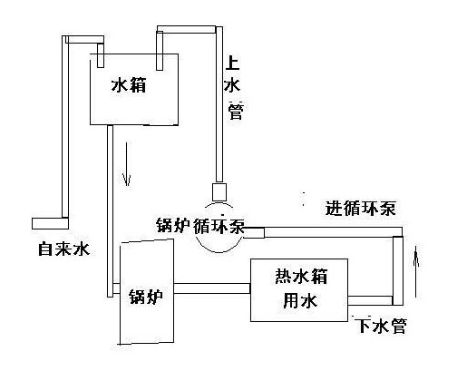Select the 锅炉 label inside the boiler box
point(144,295)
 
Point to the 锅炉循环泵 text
point(199,226)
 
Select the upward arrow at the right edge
point(416,267)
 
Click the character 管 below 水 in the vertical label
point(234,112)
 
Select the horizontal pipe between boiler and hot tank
point(211,288)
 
